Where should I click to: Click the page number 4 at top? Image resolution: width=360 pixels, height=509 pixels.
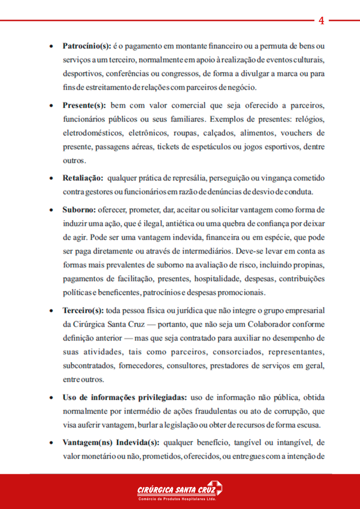321,20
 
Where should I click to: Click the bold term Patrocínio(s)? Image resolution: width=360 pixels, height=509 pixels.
87,46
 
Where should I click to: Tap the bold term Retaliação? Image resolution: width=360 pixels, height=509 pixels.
83,177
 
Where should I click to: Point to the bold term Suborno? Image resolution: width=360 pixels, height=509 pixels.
80,209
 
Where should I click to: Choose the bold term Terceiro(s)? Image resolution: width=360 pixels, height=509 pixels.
83,311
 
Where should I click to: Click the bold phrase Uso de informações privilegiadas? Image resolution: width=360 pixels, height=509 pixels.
125,398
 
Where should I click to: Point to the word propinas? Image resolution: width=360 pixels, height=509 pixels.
308,264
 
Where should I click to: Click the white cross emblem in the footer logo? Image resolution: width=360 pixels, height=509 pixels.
215,488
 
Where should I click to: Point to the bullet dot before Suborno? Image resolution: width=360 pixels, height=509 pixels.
52,210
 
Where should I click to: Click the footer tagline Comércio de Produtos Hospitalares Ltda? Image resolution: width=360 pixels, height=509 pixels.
177,499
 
